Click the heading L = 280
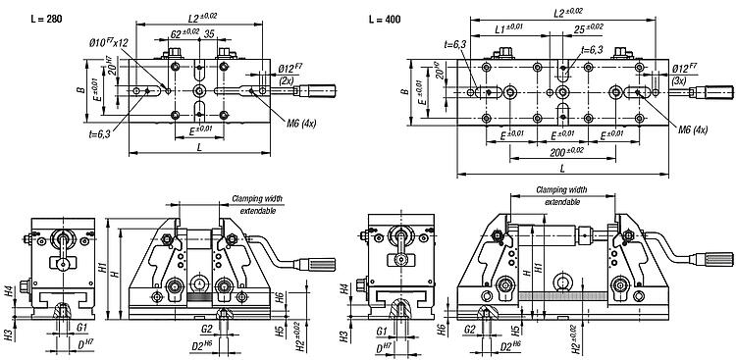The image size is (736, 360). (x=45, y=20)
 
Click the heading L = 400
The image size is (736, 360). (x=385, y=20)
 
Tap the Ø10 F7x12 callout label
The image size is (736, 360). (x=109, y=43)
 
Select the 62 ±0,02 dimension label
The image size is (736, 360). (x=184, y=33)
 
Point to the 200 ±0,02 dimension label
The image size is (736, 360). (x=566, y=152)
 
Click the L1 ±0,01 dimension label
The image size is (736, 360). (x=509, y=28)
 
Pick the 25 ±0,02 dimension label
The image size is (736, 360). (x=588, y=29)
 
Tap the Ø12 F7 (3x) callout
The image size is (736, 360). (x=684, y=75)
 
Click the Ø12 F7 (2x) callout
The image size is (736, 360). (x=290, y=75)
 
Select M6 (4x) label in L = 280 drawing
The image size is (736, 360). (x=302, y=124)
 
